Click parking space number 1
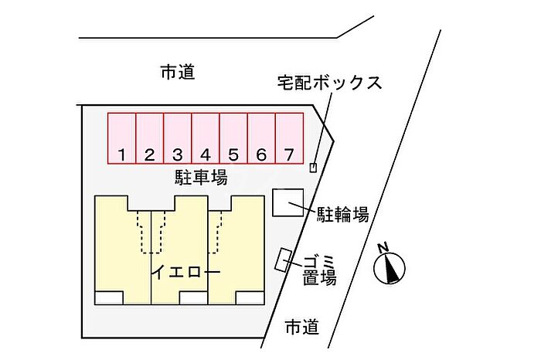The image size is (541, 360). coord(122,138)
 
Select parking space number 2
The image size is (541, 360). coord(150,138)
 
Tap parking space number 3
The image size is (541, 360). coord(178,138)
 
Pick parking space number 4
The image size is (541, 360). coord(206,138)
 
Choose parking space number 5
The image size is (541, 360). coord(233,138)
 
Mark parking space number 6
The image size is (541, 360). coord(261,138)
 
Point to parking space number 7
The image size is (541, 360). coord(290,138)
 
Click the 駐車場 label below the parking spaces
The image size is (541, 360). coord(201,178)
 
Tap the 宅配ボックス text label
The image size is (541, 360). coord(330,83)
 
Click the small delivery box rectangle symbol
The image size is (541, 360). coord(313,168)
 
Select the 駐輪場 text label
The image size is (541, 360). coord(342,215)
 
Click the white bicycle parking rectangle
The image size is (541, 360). coord(288,202)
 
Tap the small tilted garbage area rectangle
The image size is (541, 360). coord(284,260)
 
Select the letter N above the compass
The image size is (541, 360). coord(383,247)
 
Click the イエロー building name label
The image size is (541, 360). coord(186,273)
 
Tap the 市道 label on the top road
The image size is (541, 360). coord(178,73)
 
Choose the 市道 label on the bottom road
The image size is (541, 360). coord(302,327)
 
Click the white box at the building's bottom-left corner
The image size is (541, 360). coord(109,298)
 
